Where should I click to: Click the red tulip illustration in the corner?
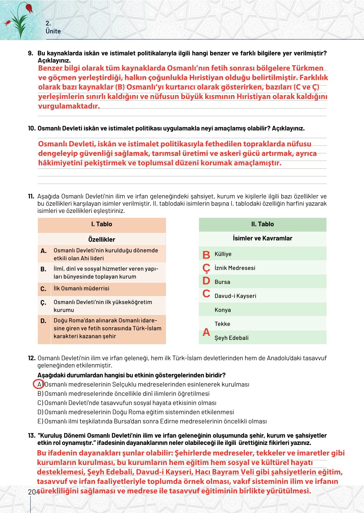point(29,8)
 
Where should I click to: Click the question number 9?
point(31,53)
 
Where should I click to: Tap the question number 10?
point(32,128)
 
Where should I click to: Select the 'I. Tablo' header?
point(101,224)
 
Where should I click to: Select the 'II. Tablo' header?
point(263,224)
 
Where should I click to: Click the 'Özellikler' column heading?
point(101,239)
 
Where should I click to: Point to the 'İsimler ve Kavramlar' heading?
point(263,238)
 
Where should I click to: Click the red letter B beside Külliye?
point(206,255)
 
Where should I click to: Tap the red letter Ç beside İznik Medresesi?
point(206,269)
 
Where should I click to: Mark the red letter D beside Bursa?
point(206,281)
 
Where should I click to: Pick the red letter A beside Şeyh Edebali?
point(206,332)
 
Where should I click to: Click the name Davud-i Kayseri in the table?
point(235,296)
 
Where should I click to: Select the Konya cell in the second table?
point(223,310)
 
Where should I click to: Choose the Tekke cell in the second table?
point(222,324)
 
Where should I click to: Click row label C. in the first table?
point(43,289)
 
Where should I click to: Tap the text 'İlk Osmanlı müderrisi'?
point(81,288)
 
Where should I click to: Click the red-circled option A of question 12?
point(39,384)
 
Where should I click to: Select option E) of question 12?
point(40,421)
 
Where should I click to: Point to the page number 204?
point(33,492)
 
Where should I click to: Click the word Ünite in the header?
point(53,31)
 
